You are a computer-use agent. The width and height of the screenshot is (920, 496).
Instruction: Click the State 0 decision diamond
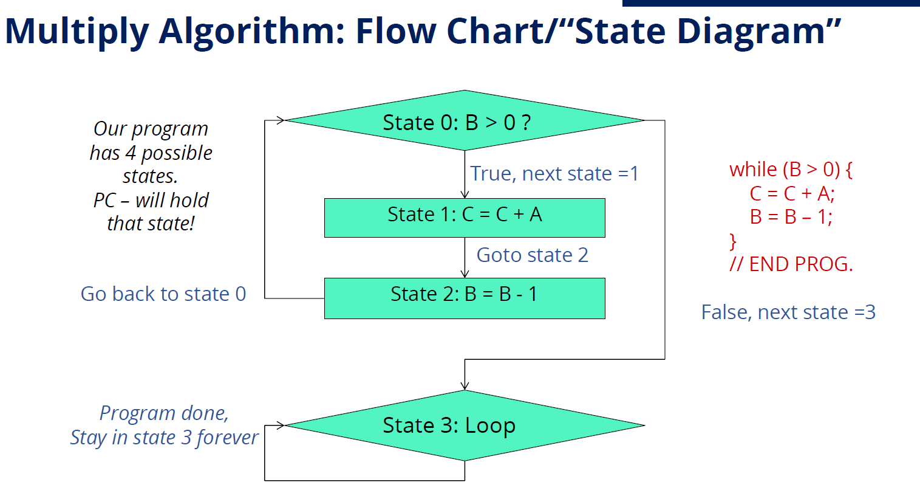click(x=465, y=121)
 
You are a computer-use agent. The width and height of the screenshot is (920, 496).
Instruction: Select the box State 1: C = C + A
click(x=465, y=217)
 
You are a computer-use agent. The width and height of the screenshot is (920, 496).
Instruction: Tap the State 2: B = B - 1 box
click(x=465, y=298)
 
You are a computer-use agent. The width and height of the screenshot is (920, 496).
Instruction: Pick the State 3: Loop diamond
click(x=465, y=425)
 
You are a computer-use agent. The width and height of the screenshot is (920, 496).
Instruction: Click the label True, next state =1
click(x=554, y=174)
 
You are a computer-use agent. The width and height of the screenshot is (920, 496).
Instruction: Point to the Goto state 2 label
click(x=532, y=255)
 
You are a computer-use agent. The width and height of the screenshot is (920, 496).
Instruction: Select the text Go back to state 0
click(x=163, y=294)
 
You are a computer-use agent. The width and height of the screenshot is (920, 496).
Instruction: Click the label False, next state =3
click(x=788, y=312)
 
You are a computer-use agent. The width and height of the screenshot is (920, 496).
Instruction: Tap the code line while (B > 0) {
click(x=790, y=170)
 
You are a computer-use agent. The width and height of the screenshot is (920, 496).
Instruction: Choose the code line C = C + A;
click(x=792, y=194)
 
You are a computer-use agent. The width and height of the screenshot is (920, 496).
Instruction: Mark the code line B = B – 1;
click(x=791, y=217)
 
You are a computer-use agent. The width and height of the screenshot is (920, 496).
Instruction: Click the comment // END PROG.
click(x=791, y=264)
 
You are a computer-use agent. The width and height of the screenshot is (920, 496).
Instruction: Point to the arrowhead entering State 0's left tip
click(x=281, y=120)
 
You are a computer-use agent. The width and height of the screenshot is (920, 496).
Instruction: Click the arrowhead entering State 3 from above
click(x=465, y=386)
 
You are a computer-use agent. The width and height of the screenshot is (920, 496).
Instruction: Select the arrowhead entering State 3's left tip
click(x=281, y=425)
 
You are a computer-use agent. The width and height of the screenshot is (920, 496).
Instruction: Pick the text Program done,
click(x=164, y=413)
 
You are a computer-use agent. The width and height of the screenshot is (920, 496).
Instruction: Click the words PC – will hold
click(x=151, y=200)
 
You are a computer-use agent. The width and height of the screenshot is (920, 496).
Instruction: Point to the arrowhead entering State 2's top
click(x=465, y=274)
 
